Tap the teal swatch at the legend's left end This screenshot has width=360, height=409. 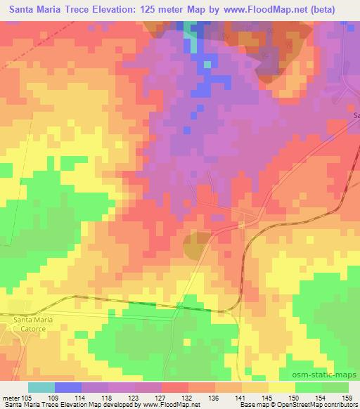coord(41,387)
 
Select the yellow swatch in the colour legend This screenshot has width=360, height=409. coord(281,387)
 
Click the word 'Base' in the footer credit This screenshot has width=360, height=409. coord(246,405)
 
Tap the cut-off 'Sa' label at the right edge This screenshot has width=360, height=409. coord(356,115)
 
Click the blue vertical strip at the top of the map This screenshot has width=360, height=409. coord(191,39)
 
